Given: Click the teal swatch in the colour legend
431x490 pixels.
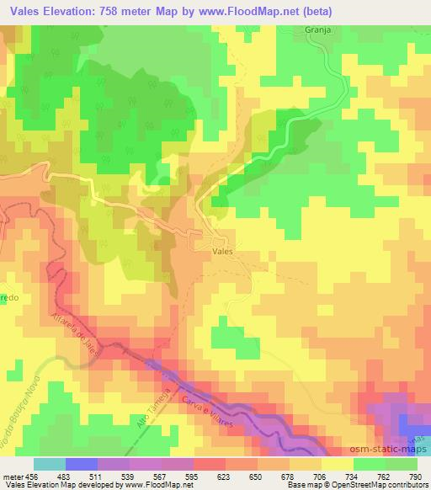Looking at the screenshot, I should point(50,464).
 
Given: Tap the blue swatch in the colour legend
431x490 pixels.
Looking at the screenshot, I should point(82,464).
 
